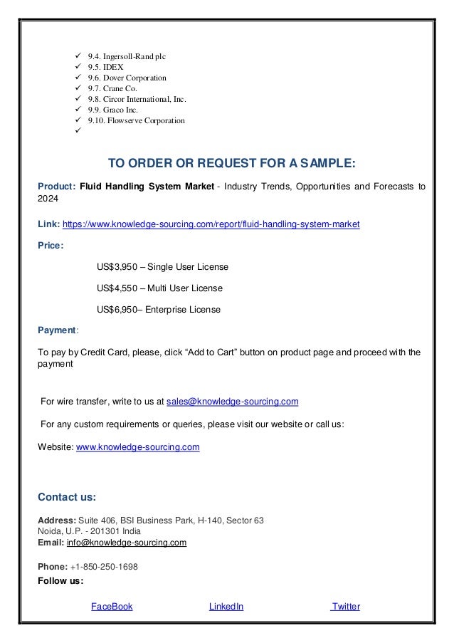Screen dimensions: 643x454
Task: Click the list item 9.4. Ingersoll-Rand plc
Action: (129, 55)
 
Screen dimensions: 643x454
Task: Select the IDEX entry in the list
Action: (105, 66)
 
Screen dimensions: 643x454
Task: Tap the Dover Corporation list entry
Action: (127, 77)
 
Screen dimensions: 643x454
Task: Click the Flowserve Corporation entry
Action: (136, 120)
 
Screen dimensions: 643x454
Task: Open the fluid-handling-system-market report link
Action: (211, 224)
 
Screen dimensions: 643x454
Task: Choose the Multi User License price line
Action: (159, 288)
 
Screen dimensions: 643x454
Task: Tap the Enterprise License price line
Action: (158, 310)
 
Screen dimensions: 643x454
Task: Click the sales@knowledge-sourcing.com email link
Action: (232, 402)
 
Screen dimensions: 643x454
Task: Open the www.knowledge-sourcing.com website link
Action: (137, 447)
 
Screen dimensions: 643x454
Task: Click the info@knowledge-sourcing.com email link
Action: (126, 543)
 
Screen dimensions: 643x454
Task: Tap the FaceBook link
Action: (112, 607)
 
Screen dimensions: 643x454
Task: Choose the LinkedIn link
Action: (226, 607)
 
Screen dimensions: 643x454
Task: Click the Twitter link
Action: (346, 607)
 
